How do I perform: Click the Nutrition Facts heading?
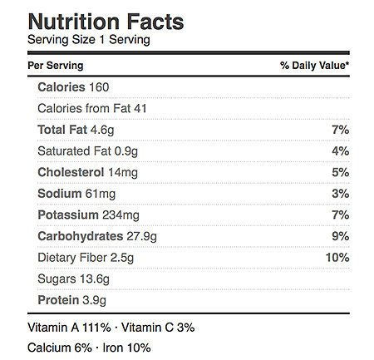point(106,22)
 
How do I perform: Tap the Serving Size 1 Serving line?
point(89,40)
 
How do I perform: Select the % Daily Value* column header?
point(314,66)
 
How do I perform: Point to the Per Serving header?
point(56,66)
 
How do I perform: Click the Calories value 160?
point(99,87)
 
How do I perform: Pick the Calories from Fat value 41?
point(140,108)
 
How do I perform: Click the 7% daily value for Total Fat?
point(341,130)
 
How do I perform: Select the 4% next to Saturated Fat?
point(341,151)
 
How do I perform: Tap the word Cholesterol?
point(71,172)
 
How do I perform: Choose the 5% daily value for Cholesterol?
point(341,172)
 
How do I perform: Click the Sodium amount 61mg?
point(101,194)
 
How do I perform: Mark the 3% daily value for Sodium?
point(341,194)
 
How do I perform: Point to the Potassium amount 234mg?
point(121,215)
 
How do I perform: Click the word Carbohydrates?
point(81,236)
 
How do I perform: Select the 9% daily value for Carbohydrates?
point(341,236)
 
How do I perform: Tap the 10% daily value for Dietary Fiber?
point(337,258)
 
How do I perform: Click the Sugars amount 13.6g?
point(95,279)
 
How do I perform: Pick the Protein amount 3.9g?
point(95,300)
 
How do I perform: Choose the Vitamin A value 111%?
point(96,328)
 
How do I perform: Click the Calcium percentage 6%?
point(83,348)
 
